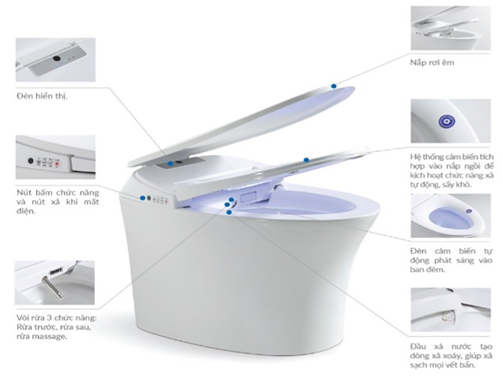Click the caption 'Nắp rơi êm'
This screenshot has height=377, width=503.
(x=432, y=62)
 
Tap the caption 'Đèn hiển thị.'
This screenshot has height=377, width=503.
(x=42, y=96)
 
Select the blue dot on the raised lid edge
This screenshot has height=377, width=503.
(x=334, y=86)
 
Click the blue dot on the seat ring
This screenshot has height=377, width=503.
(x=306, y=160)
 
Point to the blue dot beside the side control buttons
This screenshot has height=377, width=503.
(x=143, y=198)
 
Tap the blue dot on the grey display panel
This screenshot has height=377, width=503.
(x=170, y=163)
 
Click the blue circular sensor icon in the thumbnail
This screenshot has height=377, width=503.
(x=447, y=121)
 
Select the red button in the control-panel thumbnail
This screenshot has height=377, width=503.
(x=58, y=164)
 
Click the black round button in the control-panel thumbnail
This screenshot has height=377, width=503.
(x=31, y=161)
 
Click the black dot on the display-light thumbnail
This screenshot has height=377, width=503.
(x=57, y=58)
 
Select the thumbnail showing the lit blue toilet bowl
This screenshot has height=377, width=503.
(x=451, y=216)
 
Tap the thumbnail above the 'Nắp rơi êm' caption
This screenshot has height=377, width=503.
(x=451, y=28)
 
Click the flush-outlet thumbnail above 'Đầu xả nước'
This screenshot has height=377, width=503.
(x=451, y=309)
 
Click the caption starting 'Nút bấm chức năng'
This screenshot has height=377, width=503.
(x=58, y=202)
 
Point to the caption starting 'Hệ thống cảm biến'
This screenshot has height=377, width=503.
(x=451, y=170)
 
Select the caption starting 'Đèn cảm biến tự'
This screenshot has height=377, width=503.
(x=451, y=260)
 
